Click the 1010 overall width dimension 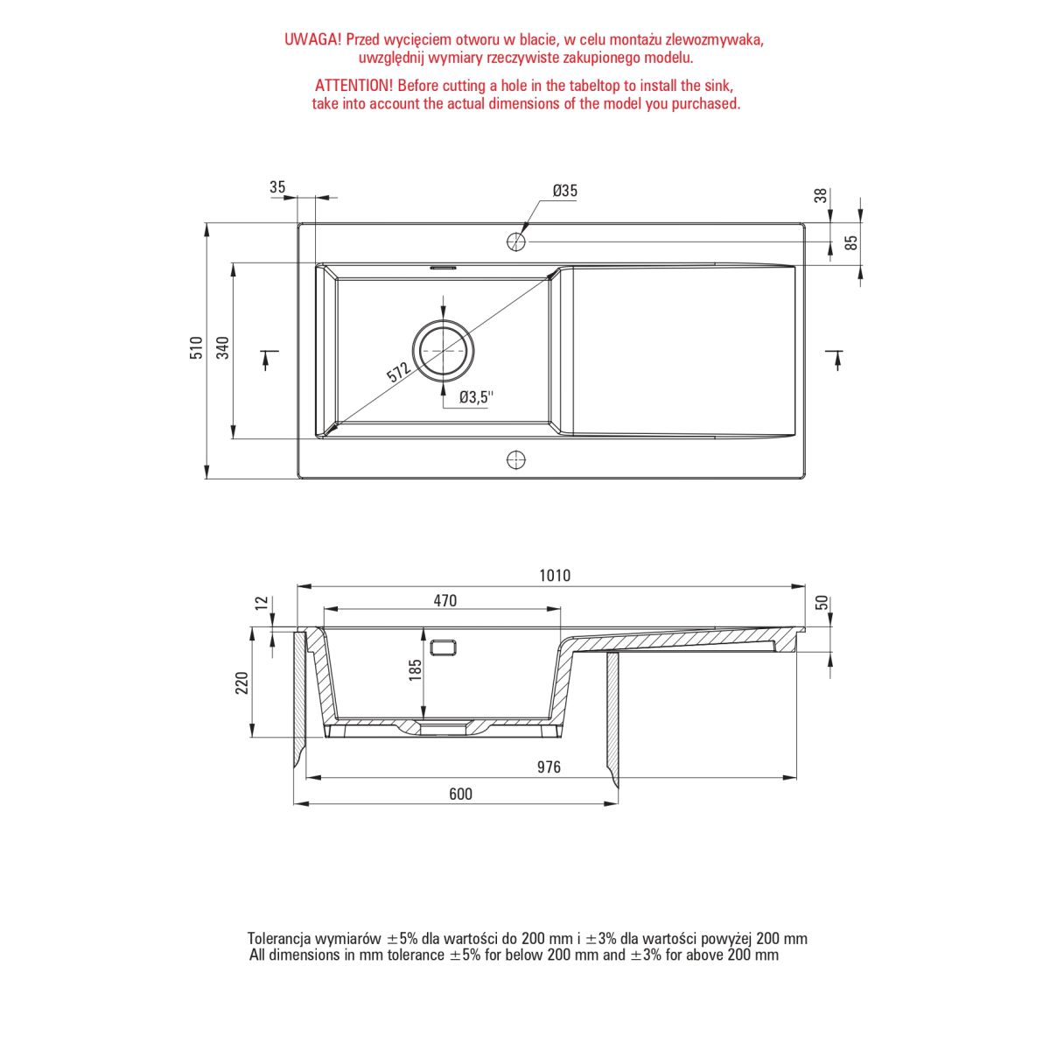555,576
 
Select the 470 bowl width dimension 445,600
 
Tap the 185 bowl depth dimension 416,670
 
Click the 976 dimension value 549,767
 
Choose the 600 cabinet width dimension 460,794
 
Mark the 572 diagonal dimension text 398,372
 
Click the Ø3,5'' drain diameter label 476,397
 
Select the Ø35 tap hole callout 564,191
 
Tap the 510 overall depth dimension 196,347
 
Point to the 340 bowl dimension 223,347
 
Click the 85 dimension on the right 851,241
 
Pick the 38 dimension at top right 821,195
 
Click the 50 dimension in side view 822,603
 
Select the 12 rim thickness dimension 262,602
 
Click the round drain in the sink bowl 444,350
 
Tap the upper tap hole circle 516,241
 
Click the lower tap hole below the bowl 516,460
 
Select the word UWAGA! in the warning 312,39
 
